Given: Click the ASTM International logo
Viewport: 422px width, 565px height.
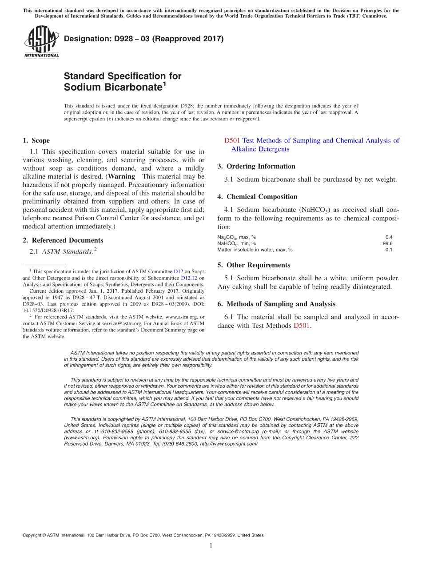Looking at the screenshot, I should tap(41, 42).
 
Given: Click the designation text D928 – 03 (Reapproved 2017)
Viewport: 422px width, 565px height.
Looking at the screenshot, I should tap(144, 39).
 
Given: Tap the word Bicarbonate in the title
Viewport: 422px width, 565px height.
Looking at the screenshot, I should tap(112, 87).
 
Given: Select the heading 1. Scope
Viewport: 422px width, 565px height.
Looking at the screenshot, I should tap(36, 140).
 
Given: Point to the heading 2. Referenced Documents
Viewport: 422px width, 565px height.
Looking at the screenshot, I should tap(63, 240).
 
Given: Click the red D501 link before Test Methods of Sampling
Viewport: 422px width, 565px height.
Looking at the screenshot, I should tap(232, 140).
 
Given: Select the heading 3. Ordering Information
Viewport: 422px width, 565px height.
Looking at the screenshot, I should tap(256, 167).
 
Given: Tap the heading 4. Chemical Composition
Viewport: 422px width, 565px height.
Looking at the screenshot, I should tap(257, 197).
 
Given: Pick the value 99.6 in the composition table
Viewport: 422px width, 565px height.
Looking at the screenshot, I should tap(388, 243).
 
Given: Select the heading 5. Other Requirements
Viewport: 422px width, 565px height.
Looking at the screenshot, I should tap(254, 265).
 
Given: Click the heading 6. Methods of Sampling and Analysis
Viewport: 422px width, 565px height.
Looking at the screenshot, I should tap(276, 304).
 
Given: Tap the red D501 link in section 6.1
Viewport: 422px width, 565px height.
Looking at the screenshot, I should tap(302, 326).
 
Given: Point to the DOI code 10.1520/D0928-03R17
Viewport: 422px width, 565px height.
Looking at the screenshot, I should tap(48, 310).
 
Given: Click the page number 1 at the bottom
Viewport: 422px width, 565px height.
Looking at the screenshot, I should tap(211, 545).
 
